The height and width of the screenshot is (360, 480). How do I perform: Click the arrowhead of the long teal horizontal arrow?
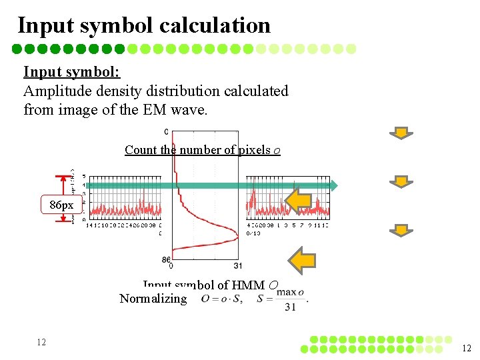tap(333, 185)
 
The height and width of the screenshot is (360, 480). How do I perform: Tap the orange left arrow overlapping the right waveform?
tap(299, 200)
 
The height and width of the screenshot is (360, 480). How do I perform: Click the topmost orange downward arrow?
tap(401, 133)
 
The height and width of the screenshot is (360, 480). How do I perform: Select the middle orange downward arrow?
tap(401, 181)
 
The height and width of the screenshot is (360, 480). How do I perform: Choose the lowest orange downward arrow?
tap(401, 230)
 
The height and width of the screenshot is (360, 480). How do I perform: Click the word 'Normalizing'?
tap(153, 299)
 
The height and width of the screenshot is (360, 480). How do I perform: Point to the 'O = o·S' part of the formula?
tap(222, 299)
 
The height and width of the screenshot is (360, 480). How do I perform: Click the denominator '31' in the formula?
tap(290, 307)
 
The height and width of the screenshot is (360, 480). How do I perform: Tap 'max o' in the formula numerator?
tap(290, 292)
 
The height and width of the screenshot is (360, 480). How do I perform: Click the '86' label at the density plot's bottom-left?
tap(167, 259)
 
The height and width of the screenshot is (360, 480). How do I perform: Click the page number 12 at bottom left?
tap(41, 342)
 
